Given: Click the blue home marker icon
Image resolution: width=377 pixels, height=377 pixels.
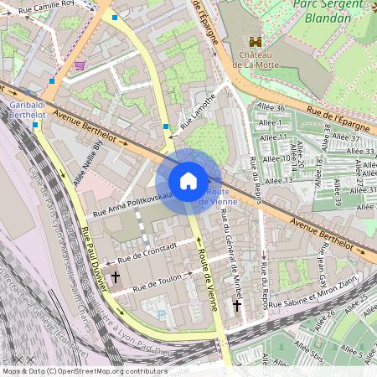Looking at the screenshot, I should [188, 181].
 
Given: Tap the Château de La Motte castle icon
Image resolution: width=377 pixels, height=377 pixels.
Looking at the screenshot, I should [256, 41].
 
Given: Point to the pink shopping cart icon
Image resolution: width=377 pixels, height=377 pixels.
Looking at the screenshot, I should [80, 65].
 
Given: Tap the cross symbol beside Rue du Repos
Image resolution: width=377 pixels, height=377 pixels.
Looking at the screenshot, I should [236, 307].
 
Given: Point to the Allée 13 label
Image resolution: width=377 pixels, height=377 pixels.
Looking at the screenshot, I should [277, 180].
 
